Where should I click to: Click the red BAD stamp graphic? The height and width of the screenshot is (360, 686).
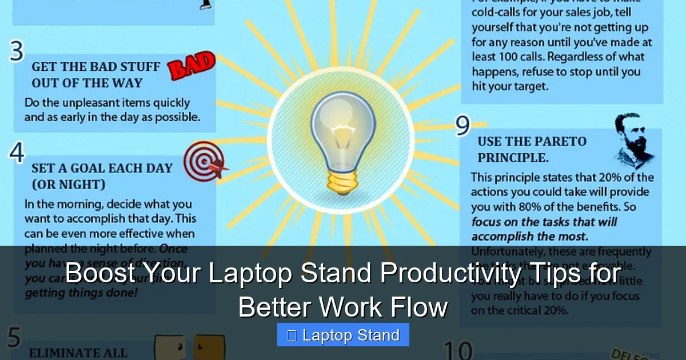pos(191,67)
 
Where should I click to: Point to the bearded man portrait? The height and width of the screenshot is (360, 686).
pos(631,140)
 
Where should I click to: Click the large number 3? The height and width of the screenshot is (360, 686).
pos(17,52)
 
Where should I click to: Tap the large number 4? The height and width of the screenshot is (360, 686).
pos(17,153)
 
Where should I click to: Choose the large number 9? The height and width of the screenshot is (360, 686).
pos(462,126)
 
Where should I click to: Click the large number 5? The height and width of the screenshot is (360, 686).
pos(14,338)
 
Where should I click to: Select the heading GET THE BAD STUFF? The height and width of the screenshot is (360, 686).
pos(95,67)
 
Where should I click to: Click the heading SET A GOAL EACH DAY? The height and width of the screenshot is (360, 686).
pos(102,168)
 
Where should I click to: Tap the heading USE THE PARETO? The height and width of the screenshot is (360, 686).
pos(532,142)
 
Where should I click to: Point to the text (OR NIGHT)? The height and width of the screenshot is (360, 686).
pos(69,185)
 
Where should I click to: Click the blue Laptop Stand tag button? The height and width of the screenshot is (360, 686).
pos(343,335)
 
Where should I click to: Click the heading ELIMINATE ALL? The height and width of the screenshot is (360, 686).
pos(78,353)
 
